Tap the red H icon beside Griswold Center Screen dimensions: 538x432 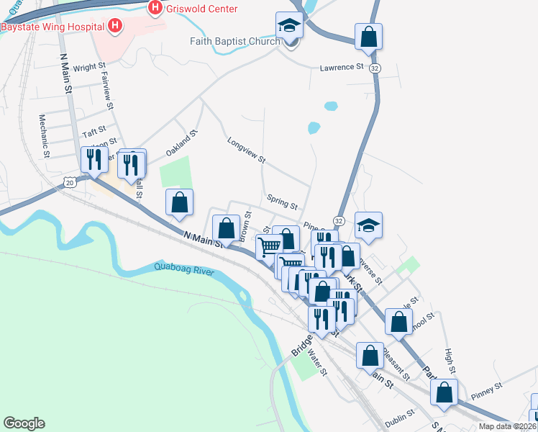click(155, 8)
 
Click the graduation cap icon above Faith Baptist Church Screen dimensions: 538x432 click(288, 26)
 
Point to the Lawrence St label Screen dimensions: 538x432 click(342, 68)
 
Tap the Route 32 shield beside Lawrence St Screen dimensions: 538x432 click(375, 67)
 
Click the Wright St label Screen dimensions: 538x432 click(90, 67)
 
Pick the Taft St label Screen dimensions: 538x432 click(94, 133)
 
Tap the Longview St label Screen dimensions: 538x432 click(247, 150)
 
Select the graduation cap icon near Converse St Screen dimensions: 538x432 click(368, 226)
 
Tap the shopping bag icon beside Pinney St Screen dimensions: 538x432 click(444, 392)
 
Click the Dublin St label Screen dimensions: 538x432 click(400, 416)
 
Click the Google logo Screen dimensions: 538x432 click(24, 423)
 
